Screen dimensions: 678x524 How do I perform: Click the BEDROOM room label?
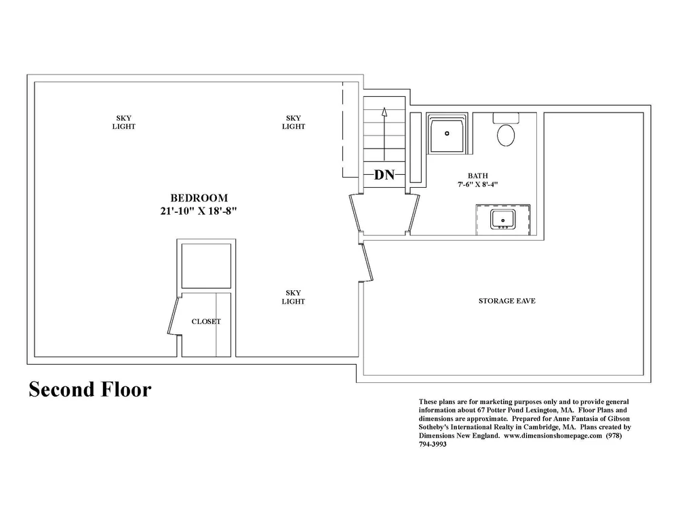tap(199, 198)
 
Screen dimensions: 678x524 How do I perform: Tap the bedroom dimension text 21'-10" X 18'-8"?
tap(199, 211)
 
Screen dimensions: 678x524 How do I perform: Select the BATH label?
tap(478, 176)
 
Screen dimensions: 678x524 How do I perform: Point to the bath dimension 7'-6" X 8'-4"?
tap(478, 184)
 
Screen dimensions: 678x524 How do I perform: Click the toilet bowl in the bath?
tap(506, 135)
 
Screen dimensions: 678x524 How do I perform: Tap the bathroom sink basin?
tap(502, 219)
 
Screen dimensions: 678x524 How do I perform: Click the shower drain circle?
tap(447, 133)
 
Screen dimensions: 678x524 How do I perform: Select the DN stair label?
tap(384, 175)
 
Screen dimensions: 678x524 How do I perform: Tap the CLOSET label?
tap(206, 322)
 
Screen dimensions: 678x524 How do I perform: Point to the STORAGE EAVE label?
tap(506, 301)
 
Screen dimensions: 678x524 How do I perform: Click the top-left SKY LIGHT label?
tap(124, 122)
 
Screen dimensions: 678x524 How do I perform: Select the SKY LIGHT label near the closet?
tap(293, 297)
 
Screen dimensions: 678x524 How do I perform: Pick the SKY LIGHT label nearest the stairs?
tap(294, 122)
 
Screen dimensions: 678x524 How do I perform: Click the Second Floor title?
tap(90, 389)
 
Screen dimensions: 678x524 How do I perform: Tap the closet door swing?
tap(172, 316)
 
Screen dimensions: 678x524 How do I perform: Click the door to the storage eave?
tap(367, 263)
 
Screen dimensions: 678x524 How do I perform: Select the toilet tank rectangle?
tap(506, 118)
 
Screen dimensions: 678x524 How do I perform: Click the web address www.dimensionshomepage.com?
tap(553, 436)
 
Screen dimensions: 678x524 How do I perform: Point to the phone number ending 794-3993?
tap(433, 444)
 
